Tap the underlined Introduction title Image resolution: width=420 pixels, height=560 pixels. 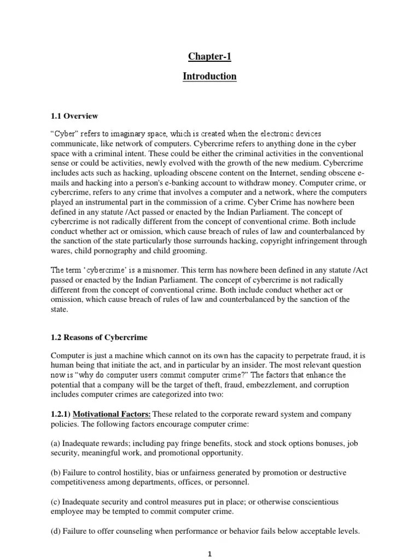coord(209,77)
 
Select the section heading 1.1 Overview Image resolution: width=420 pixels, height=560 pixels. coord(74,116)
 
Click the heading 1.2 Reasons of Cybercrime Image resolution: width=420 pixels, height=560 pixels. coord(99,337)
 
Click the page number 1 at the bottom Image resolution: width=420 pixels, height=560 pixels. coord(209,554)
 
